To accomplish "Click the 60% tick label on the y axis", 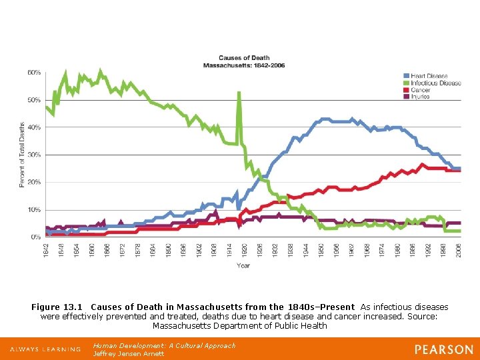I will click(33, 72).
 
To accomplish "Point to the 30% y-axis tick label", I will click(33, 155).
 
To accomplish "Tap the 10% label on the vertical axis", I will click(33, 209).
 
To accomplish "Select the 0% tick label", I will click(35, 237).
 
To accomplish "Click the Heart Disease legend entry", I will click(429, 76).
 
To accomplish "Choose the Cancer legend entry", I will click(421, 90).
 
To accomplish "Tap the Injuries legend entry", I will click(421, 97).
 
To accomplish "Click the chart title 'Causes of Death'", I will click(244, 59).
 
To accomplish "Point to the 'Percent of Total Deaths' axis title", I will click(22, 155).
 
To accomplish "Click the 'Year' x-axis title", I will click(243, 265).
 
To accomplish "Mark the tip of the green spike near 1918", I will click(239, 93).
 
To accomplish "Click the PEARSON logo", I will click(443, 349).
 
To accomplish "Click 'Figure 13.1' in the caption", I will click(57, 307).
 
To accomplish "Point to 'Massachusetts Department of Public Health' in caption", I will click(240, 326).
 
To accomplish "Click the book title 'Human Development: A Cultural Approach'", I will click(164, 346).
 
